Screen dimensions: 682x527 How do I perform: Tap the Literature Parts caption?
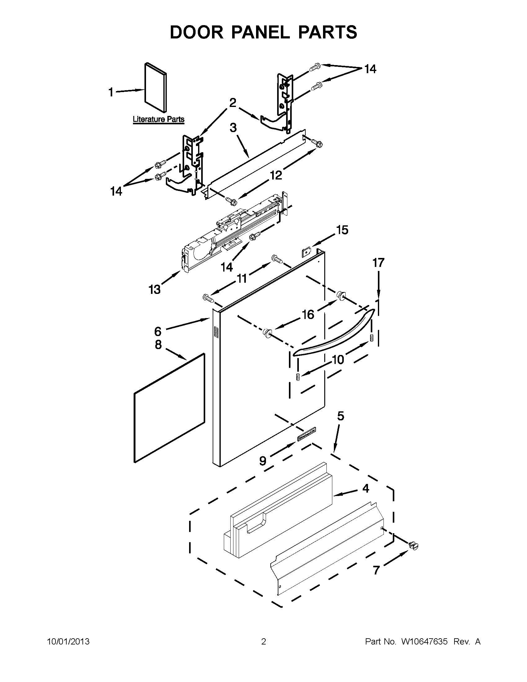[x=159, y=119]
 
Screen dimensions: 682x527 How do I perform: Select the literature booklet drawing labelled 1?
[x=156, y=87]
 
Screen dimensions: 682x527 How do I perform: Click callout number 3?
[x=233, y=128]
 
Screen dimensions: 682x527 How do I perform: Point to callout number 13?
[x=155, y=290]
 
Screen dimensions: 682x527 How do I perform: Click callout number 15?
[x=342, y=230]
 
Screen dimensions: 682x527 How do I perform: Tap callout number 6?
[x=158, y=331]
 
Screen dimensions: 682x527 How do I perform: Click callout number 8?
[x=158, y=344]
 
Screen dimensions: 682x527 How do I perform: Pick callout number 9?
[x=263, y=460]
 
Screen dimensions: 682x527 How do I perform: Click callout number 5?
[x=341, y=416]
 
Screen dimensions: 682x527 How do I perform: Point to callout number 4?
[x=365, y=488]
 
